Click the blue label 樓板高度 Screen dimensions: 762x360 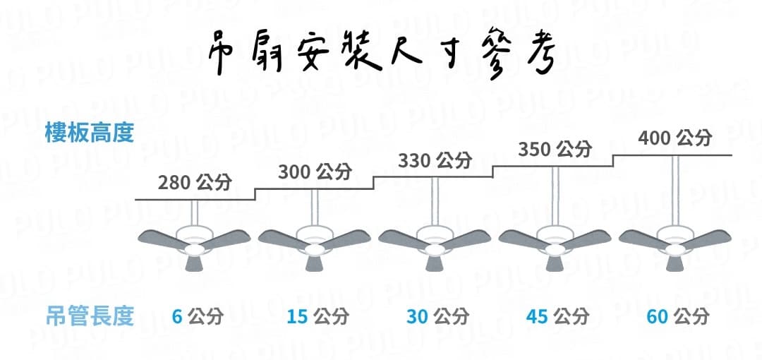[89, 133]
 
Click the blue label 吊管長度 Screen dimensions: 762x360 [90, 316]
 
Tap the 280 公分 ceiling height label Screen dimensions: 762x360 [195, 183]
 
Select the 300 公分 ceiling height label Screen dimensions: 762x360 [315, 172]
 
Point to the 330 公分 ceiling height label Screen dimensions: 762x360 [435, 160]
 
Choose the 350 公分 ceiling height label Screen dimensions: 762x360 [555, 149]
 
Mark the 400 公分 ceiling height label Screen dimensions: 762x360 [675, 138]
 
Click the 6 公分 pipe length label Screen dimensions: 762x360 [198, 317]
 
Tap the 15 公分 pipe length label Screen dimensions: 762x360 [317, 317]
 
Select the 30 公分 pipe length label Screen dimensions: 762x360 [437, 317]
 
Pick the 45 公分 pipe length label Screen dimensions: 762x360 [557, 317]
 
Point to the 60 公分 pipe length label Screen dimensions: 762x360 [677, 317]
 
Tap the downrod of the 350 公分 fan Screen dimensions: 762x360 [555, 196]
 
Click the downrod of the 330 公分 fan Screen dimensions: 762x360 [435, 201]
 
